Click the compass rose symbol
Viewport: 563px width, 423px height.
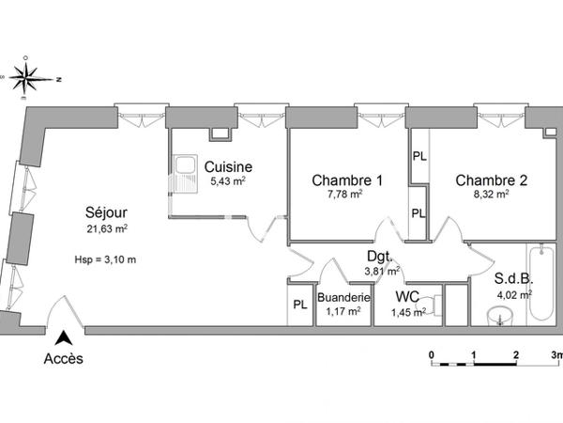click(31, 78)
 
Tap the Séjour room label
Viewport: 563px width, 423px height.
click(106, 211)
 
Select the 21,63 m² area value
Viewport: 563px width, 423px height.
click(106, 228)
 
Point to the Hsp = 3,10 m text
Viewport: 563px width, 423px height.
click(105, 259)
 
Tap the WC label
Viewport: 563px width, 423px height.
click(405, 297)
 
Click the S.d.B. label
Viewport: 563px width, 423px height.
click(513, 278)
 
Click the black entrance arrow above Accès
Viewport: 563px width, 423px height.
click(64, 337)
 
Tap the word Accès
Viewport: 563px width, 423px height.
click(64, 358)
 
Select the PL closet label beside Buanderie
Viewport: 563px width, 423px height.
click(300, 305)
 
